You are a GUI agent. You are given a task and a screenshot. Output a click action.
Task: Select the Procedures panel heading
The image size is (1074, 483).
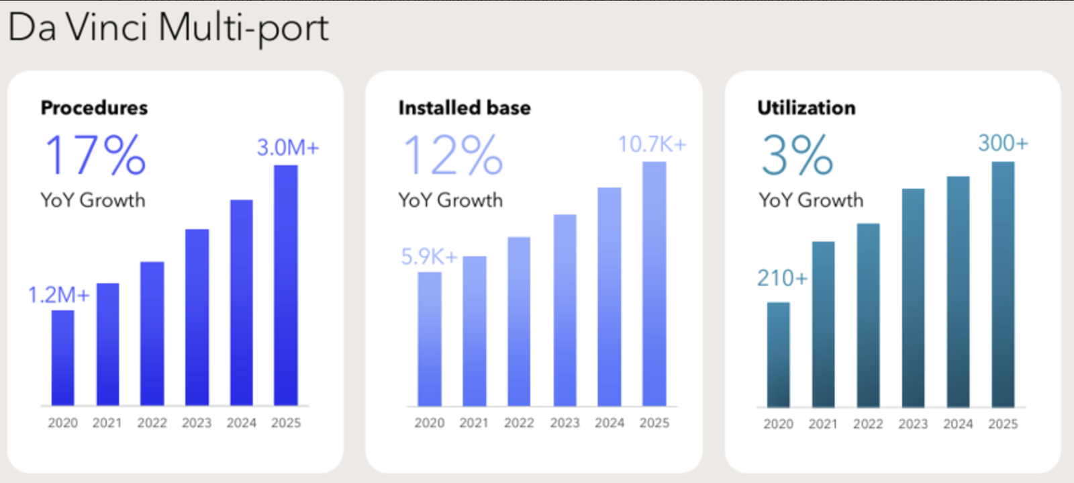[94, 108]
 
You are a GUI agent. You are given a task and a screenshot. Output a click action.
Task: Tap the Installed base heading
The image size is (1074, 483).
[465, 108]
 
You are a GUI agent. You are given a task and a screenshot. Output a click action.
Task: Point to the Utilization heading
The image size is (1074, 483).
[806, 108]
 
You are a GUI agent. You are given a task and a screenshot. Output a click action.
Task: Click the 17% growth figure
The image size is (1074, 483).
[95, 155]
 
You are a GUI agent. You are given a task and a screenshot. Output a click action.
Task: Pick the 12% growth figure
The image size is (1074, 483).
[453, 155]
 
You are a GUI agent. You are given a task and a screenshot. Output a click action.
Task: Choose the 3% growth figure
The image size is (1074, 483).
[797, 155]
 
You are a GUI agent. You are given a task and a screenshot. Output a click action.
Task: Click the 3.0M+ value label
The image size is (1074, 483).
[288, 147]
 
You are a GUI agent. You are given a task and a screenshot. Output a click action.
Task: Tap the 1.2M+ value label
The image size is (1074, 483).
[58, 295]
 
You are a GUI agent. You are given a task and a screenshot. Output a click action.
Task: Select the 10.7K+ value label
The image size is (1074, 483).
[652, 144]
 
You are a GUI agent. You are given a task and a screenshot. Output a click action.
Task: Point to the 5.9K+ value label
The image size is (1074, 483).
[429, 257]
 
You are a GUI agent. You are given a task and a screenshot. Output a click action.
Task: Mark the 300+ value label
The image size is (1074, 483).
[1003, 143]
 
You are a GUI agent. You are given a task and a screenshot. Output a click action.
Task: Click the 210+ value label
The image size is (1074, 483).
[783, 277]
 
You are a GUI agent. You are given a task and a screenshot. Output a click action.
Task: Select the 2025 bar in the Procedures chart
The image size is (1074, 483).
[286, 286]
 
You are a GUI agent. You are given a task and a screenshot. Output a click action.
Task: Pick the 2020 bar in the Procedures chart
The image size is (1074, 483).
[63, 358]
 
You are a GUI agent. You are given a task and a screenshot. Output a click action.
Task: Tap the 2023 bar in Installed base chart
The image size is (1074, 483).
[565, 310]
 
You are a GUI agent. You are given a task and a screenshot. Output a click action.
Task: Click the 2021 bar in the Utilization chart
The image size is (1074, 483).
[823, 324]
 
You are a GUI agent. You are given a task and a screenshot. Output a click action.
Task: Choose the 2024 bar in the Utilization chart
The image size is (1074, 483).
[958, 292]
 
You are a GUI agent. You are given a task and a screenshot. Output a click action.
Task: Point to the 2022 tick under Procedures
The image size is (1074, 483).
[152, 423]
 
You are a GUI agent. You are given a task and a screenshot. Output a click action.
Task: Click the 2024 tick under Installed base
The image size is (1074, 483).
[609, 423]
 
